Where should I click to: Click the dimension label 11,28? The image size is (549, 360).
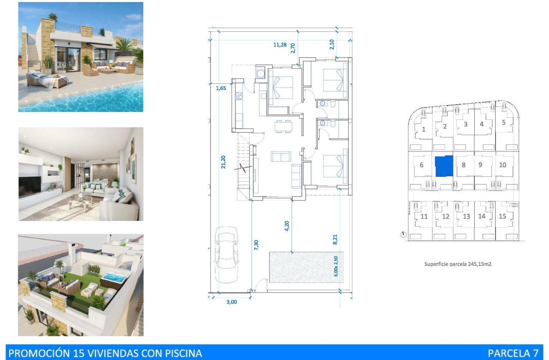click(x=280, y=45)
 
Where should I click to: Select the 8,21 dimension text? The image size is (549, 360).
click(x=334, y=239)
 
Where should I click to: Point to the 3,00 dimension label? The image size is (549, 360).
click(x=231, y=302)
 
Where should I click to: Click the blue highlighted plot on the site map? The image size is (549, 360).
click(x=443, y=166)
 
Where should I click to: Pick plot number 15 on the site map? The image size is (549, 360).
click(x=503, y=216)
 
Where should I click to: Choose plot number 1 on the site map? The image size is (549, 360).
click(x=424, y=129)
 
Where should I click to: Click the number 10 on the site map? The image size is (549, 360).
click(x=503, y=165)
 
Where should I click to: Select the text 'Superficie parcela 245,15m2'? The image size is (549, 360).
click(x=457, y=264)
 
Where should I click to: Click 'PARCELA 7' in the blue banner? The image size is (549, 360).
click(x=513, y=353)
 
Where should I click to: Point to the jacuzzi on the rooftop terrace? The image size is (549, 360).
click(x=112, y=278)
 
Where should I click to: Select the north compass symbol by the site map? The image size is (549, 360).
click(x=403, y=234)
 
